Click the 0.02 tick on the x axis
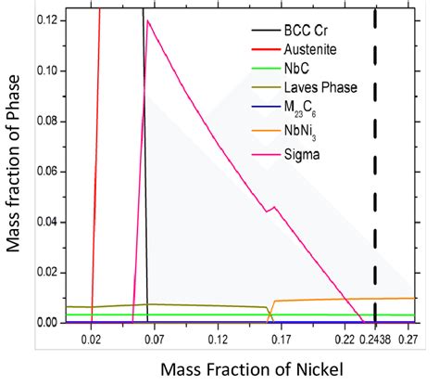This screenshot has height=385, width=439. [91, 341]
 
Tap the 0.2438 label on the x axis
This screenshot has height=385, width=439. [375, 341]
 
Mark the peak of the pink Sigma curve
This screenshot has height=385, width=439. [147, 45]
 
